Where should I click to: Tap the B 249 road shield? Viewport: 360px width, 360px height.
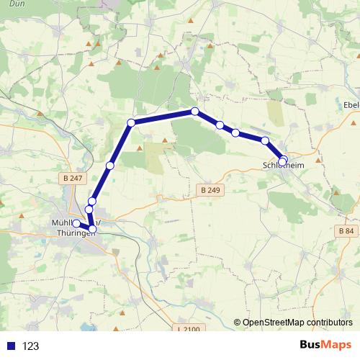[210, 190]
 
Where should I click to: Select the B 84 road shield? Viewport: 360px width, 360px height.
[346, 230]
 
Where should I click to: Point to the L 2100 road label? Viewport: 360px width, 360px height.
[187, 329]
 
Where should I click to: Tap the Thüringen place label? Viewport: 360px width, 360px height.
[76, 233]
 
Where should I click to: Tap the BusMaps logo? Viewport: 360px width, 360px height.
[325, 346]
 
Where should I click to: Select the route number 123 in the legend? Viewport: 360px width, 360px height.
[30, 346]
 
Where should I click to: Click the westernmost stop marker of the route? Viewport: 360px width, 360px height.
[76, 223]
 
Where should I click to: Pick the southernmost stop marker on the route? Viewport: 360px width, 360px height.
[92, 229]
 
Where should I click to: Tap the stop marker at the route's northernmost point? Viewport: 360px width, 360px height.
[195, 111]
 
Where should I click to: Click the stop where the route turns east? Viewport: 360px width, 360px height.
[131, 122]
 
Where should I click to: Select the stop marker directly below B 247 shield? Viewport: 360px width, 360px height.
[92, 201]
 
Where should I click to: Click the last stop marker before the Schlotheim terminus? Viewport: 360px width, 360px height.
[265, 140]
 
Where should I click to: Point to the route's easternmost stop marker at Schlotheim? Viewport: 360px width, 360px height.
[283, 161]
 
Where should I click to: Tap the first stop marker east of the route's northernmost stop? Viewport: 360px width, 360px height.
[220, 125]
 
